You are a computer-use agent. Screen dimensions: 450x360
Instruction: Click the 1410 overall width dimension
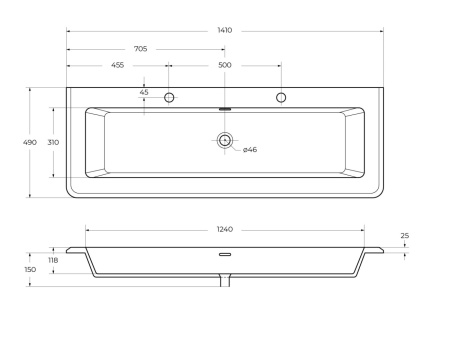(x=225, y=30)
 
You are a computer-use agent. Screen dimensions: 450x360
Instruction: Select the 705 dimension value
(x=140, y=49)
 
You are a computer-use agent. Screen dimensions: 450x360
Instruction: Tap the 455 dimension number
(x=117, y=65)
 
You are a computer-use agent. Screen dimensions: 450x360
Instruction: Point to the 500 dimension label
(x=225, y=65)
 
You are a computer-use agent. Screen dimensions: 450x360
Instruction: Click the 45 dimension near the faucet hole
(x=144, y=92)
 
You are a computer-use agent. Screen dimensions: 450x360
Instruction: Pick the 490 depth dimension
(x=30, y=142)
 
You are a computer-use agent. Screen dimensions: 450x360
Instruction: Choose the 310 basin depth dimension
(x=53, y=142)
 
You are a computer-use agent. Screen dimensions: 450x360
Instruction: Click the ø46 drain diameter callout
(x=250, y=150)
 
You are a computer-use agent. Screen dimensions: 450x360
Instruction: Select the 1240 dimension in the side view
(x=225, y=229)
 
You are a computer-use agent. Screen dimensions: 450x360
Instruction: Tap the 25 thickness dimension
(x=405, y=236)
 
